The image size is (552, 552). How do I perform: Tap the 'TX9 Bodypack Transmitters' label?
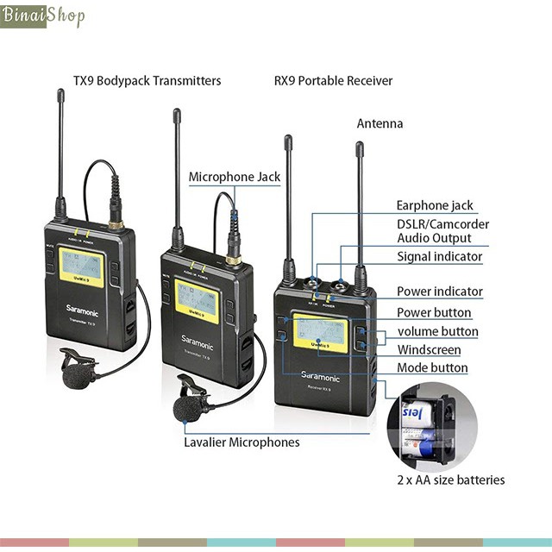pos(147,81)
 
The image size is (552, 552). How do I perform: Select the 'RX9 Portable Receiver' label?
pos(333,81)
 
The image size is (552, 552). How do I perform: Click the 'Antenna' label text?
pos(379,123)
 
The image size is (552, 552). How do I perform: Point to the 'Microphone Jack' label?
pos(235,177)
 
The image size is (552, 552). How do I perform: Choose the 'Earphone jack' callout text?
pos(435,205)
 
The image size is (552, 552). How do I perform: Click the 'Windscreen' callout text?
pos(429,350)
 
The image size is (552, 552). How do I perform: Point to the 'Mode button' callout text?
pos(432,368)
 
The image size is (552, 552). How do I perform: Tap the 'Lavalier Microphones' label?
pos(241,442)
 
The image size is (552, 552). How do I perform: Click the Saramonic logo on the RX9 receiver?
pos(320,377)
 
